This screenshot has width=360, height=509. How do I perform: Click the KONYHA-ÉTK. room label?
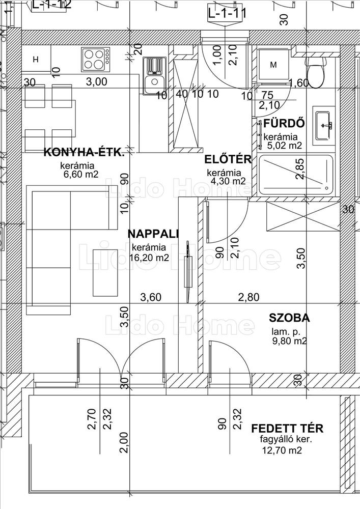[84, 152]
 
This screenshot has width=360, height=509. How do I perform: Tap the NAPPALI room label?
[153, 234]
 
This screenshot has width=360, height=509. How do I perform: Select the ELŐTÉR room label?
[228, 160]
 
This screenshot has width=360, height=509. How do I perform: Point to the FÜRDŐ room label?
[284, 124]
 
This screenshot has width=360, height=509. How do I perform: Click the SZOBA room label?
[289, 318]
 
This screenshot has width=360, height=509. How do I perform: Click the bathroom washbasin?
[324, 124]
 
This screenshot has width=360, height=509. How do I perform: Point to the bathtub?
[296, 175]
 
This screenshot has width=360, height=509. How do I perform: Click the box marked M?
[273, 65]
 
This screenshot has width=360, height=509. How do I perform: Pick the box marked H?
[36, 60]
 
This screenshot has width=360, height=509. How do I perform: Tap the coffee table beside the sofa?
[105, 272]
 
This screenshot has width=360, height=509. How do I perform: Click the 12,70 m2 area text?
[282, 450]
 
